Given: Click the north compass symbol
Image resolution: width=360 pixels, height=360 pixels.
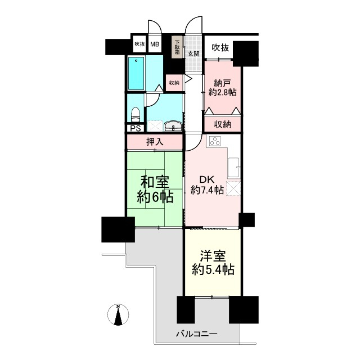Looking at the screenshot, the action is (118, 314).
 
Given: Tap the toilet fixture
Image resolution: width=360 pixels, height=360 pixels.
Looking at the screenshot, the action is (135, 114).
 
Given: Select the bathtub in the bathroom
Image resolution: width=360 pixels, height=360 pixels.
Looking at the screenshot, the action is (136, 74).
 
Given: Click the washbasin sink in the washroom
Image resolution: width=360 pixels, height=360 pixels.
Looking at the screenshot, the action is (173, 126).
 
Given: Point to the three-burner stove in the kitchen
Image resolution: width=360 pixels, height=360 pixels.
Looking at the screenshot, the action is (215, 141).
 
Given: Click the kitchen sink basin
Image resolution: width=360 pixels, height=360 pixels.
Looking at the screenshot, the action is (233, 168).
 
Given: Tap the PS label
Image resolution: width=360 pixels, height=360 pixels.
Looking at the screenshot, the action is (136, 128).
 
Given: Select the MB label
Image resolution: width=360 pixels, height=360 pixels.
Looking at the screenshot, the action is (155, 44).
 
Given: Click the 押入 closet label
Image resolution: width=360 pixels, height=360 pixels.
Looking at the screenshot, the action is (155, 142).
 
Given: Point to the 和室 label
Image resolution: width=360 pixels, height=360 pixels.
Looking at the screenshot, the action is (155, 182).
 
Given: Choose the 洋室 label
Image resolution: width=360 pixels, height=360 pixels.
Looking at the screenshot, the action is (213, 256).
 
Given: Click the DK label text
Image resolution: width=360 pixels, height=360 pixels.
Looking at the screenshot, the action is (206, 179).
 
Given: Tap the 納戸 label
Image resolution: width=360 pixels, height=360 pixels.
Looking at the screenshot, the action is (222, 83).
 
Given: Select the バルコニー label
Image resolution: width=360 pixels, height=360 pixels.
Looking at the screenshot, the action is (196, 334).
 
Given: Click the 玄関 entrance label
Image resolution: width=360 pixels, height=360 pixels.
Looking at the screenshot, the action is (193, 54).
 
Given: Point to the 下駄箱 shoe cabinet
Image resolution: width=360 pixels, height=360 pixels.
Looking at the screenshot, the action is (178, 47).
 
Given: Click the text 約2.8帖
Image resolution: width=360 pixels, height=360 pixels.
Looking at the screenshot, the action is (222, 92).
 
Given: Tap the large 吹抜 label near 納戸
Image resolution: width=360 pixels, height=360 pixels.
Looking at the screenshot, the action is (220, 48).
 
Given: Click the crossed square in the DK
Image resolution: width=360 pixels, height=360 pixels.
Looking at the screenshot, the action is (233, 188).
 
